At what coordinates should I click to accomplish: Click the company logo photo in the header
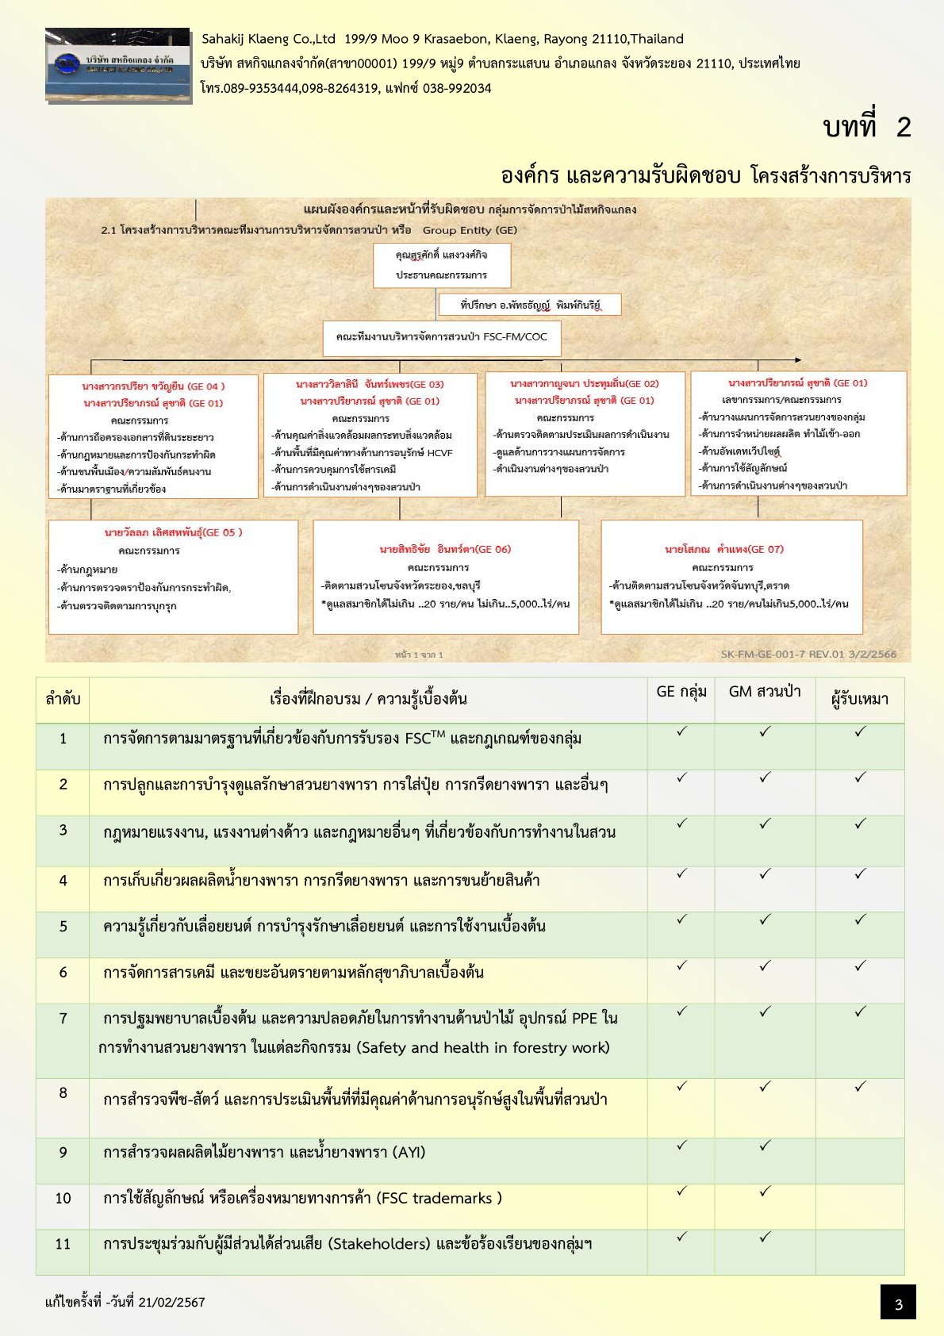pyautogui.click(x=118, y=66)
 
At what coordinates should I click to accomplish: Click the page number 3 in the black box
pyautogui.click(x=898, y=1304)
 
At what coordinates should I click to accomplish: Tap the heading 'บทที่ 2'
pyautogui.click(x=867, y=127)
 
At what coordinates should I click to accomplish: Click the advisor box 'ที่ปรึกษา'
pyautogui.click(x=530, y=305)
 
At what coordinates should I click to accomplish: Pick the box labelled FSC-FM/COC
pyautogui.click(x=442, y=337)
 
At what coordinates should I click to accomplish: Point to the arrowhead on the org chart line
pyautogui.click(x=797, y=360)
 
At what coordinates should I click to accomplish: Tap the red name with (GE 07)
pyautogui.click(x=724, y=549)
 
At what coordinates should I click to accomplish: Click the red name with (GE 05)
pyautogui.click(x=174, y=532)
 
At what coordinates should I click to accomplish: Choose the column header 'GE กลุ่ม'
pyautogui.click(x=681, y=692)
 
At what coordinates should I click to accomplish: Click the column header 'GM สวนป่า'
pyautogui.click(x=765, y=692)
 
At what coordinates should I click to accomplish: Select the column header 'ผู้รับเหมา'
pyautogui.click(x=860, y=699)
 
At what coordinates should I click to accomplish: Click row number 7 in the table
pyautogui.click(x=63, y=1018)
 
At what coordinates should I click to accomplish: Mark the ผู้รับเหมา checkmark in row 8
pyautogui.click(x=860, y=1086)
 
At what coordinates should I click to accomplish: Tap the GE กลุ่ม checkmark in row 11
pyautogui.click(x=681, y=1236)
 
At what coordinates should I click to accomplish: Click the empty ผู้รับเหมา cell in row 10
pyautogui.click(x=860, y=1206)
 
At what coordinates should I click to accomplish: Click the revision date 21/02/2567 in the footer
pyautogui.click(x=171, y=1302)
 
